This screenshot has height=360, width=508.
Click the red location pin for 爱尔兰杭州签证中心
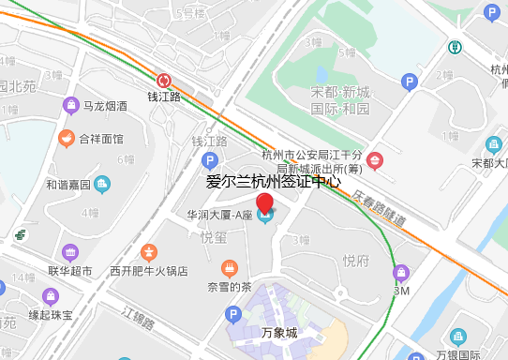[265, 203]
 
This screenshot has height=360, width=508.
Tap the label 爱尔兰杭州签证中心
[273, 182]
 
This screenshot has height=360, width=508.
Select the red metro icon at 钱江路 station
[164, 81]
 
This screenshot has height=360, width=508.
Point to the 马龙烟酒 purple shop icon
[70, 105]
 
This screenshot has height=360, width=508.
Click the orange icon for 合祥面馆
[66, 139]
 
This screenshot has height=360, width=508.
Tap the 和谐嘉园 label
[69, 185]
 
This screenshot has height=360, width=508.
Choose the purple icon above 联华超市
[70, 252]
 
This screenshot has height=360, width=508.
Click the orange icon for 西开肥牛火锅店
[148, 252]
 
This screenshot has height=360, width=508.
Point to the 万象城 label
[278, 333]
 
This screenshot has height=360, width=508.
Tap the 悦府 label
[356, 261]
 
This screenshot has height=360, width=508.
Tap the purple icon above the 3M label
[402, 273]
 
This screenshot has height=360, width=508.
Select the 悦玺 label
[215, 238]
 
